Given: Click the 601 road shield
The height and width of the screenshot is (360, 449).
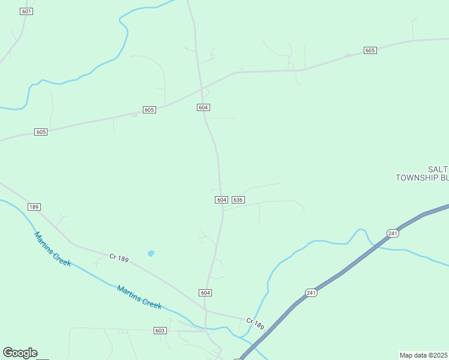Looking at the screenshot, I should click(x=26, y=11).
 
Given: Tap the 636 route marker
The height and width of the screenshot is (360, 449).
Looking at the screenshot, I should click(x=238, y=199).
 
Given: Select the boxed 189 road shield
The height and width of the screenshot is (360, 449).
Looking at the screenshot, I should click(x=34, y=207).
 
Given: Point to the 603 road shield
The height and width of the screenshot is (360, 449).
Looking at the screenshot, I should click(x=160, y=331).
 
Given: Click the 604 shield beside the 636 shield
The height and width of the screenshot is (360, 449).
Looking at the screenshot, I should click(x=221, y=199).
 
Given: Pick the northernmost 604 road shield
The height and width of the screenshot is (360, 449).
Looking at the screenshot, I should click(x=203, y=107).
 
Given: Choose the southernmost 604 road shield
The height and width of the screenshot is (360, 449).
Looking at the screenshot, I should click(x=205, y=292).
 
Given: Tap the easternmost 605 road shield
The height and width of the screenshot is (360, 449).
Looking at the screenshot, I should click(x=370, y=50).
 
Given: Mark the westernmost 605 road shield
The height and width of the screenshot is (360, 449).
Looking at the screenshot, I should click(x=41, y=132).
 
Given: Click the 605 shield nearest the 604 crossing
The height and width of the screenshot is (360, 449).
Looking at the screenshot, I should click(x=149, y=110).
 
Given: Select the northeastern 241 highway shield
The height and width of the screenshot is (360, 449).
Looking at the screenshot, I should click(x=393, y=233).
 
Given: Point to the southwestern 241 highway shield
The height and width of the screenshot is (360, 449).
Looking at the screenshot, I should click(x=311, y=293).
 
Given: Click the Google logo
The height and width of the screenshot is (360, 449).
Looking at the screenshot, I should click(x=20, y=353).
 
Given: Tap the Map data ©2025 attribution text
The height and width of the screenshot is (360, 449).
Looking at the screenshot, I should click(x=423, y=355).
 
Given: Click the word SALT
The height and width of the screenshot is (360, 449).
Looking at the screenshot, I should click(x=438, y=169).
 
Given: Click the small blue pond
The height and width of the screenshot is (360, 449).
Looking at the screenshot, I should click(x=151, y=253).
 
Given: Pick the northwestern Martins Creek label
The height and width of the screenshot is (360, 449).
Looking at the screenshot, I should click(x=53, y=249).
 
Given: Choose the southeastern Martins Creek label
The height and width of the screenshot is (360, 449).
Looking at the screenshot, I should click(x=139, y=297).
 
